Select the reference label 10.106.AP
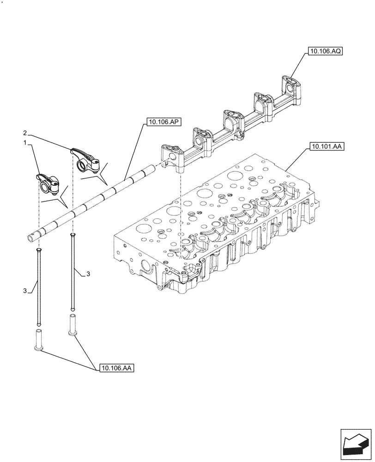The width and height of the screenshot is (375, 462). click(164, 122)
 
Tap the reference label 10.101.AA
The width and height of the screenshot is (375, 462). click(326, 147)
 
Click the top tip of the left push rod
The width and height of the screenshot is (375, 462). click(39, 249)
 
